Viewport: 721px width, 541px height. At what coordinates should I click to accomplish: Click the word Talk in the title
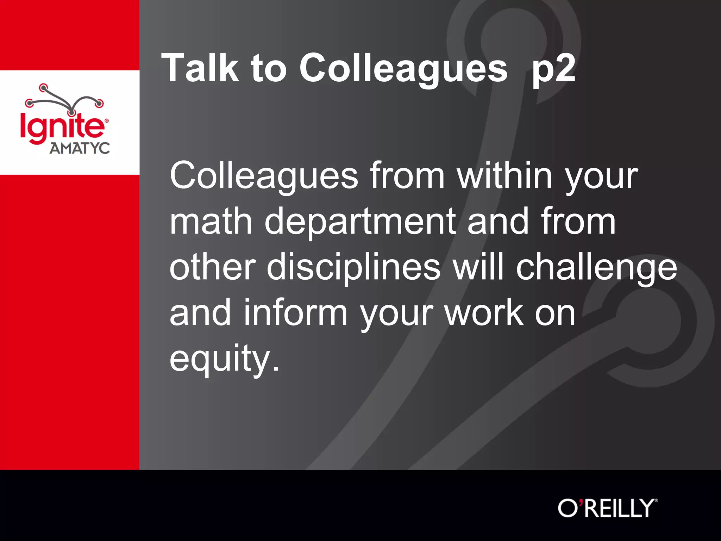coord(200,68)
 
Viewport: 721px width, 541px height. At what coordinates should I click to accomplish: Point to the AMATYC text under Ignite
coord(80,148)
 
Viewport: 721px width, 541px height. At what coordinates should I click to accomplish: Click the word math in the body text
coord(211,221)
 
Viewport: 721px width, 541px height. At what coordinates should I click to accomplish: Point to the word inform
coord(296,312)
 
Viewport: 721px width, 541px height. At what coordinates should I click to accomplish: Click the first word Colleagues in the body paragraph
coord(264,176)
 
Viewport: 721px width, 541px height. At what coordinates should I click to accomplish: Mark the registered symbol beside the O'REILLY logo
coord(656,500)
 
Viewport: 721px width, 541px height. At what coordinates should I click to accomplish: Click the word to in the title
coord(269,68)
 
